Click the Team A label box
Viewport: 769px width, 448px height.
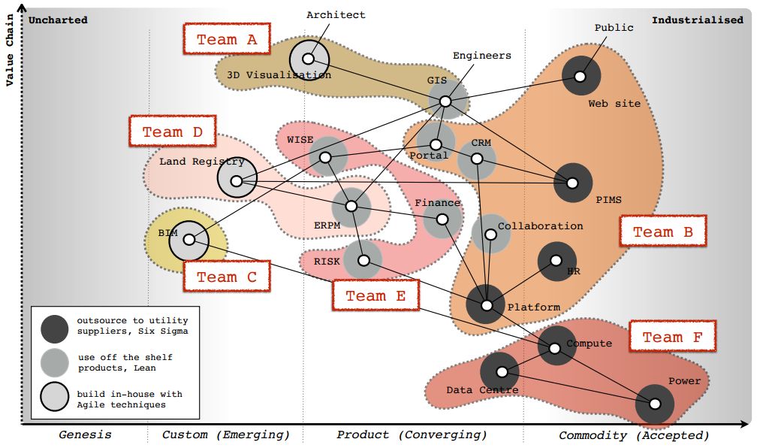pos(227,40)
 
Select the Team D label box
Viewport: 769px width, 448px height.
pos(173,132)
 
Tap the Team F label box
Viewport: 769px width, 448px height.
pos(672,338)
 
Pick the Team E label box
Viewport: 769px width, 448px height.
pos(375,296)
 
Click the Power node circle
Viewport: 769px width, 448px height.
pos(654,404)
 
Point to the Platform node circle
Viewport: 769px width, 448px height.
pos(486,305)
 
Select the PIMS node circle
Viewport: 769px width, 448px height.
pos(572,183)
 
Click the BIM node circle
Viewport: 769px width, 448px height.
pos(189,240)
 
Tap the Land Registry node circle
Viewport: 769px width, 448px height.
pos(237,180)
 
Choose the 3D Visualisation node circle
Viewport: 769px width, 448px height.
pos(308,59)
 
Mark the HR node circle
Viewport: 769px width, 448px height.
pos(556,261)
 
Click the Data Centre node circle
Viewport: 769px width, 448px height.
pos(499,371)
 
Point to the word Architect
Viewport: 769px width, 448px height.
pos(336,15)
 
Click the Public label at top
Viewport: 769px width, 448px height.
pos(614,28)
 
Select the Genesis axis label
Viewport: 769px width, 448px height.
pos(85,434)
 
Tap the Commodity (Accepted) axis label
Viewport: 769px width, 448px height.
pos(634,435)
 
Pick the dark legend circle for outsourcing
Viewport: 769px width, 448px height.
pos(55,327)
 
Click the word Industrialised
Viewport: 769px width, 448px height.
pos(697,20)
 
